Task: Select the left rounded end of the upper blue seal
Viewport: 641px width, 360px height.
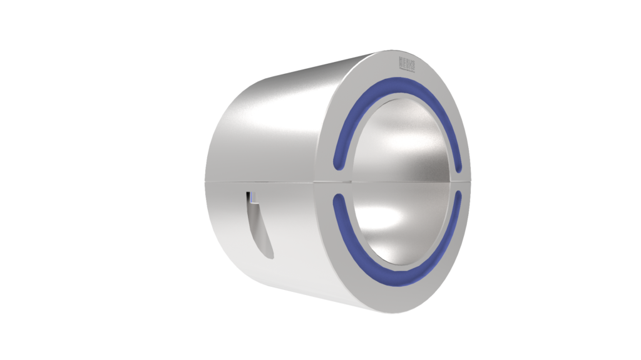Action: pos(339,165)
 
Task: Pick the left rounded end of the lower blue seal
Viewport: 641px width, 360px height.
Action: pos(339,199)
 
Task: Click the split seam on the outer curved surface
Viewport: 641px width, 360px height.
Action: pos(263,180)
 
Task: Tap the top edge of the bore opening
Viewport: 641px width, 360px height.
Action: pos(401,94)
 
